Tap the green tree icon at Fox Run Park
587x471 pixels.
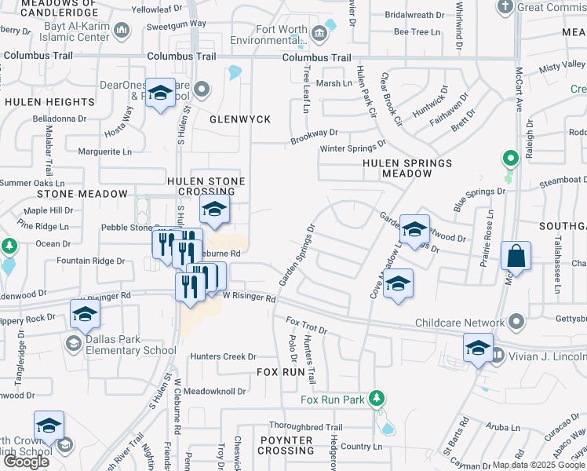click(x=377, y=398)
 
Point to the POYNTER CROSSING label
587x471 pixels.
click(x=286, y=445)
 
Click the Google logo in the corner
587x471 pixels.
click(x=26, y=462)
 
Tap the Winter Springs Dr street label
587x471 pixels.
click(x=352, y=147)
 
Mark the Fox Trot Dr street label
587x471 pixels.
click(x=306, y=326)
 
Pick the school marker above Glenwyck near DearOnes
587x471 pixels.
click(x=161, y=95)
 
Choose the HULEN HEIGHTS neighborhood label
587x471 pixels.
click(x=49, y=102)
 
